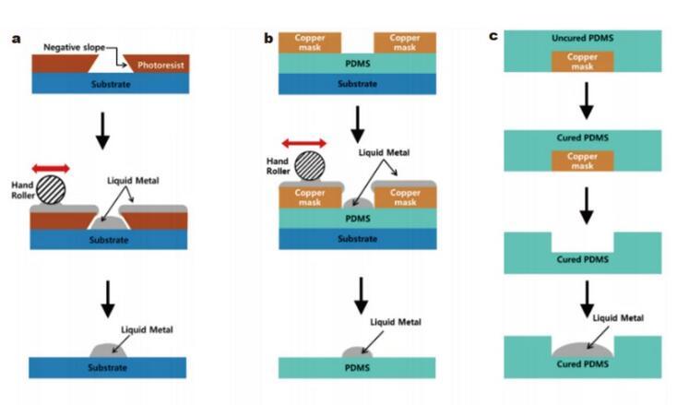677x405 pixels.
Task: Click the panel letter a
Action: (x=16, y=38)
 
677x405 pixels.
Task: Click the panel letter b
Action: (x=268, y=38)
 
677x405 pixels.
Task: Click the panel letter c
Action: (x=493, y=36)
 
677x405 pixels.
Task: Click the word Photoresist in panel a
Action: (x=160, y=65)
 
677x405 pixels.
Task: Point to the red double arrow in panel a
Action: (x=51, y=167)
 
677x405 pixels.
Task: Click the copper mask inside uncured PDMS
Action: (x=582, y=63)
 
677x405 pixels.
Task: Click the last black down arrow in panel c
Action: (x=583, y=295)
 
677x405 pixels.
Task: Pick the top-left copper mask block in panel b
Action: (x=309, y=42)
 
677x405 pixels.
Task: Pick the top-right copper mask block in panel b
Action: (x=404, y=42)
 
